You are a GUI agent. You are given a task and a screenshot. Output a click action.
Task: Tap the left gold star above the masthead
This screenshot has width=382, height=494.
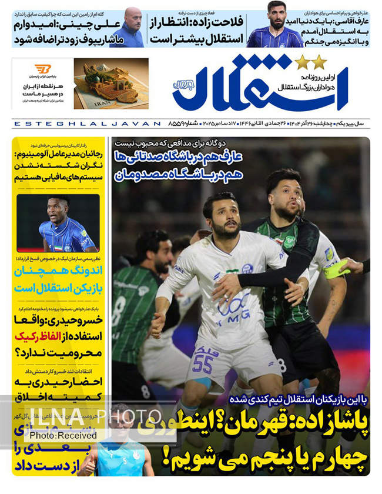301,61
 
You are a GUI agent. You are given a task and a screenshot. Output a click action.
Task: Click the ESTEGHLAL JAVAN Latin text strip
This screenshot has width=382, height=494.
86,124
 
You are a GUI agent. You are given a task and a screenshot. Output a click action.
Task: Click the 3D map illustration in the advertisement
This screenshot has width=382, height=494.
111,82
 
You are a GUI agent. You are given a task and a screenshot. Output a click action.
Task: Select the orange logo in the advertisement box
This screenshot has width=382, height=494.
43,69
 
